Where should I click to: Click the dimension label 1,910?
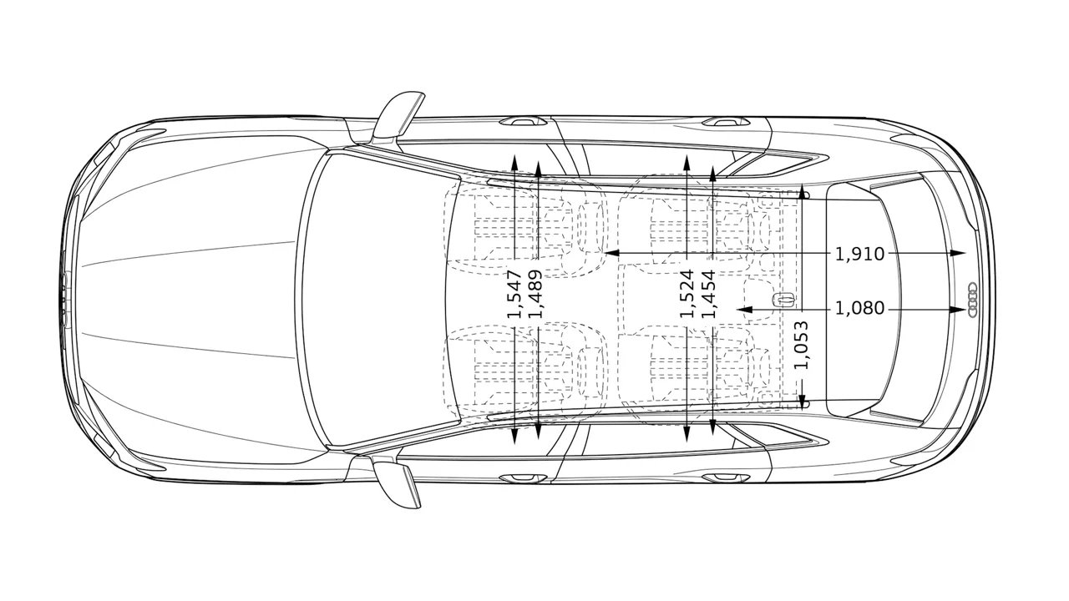tap(859, 254)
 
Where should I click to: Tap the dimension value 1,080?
tap(859, 309)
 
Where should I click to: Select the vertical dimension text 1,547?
tap(514, 294)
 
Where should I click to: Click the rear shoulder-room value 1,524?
tap(686, 293)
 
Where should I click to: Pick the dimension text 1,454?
tap(710, 294)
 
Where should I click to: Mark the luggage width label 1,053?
tap(802, 346)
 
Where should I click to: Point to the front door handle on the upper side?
tap(522, 122)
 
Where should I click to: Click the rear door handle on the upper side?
tap(725, 122)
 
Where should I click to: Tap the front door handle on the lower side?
tap(522, 477)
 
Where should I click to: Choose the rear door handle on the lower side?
tap(725, 477)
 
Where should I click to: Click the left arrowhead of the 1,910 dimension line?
tap(611, 253)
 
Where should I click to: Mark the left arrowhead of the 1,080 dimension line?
tap(745, 310)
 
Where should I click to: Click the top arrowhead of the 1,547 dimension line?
tap(514, 163)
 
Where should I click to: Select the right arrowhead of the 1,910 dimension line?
tap(957, 253)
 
